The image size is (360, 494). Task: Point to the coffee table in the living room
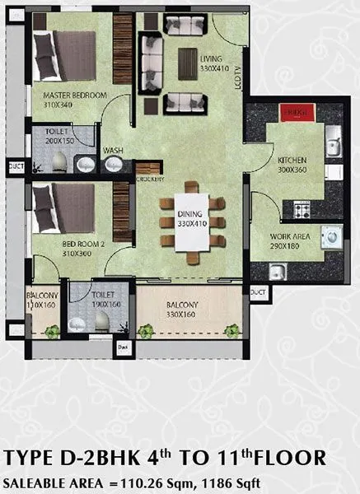click(188, 63)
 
